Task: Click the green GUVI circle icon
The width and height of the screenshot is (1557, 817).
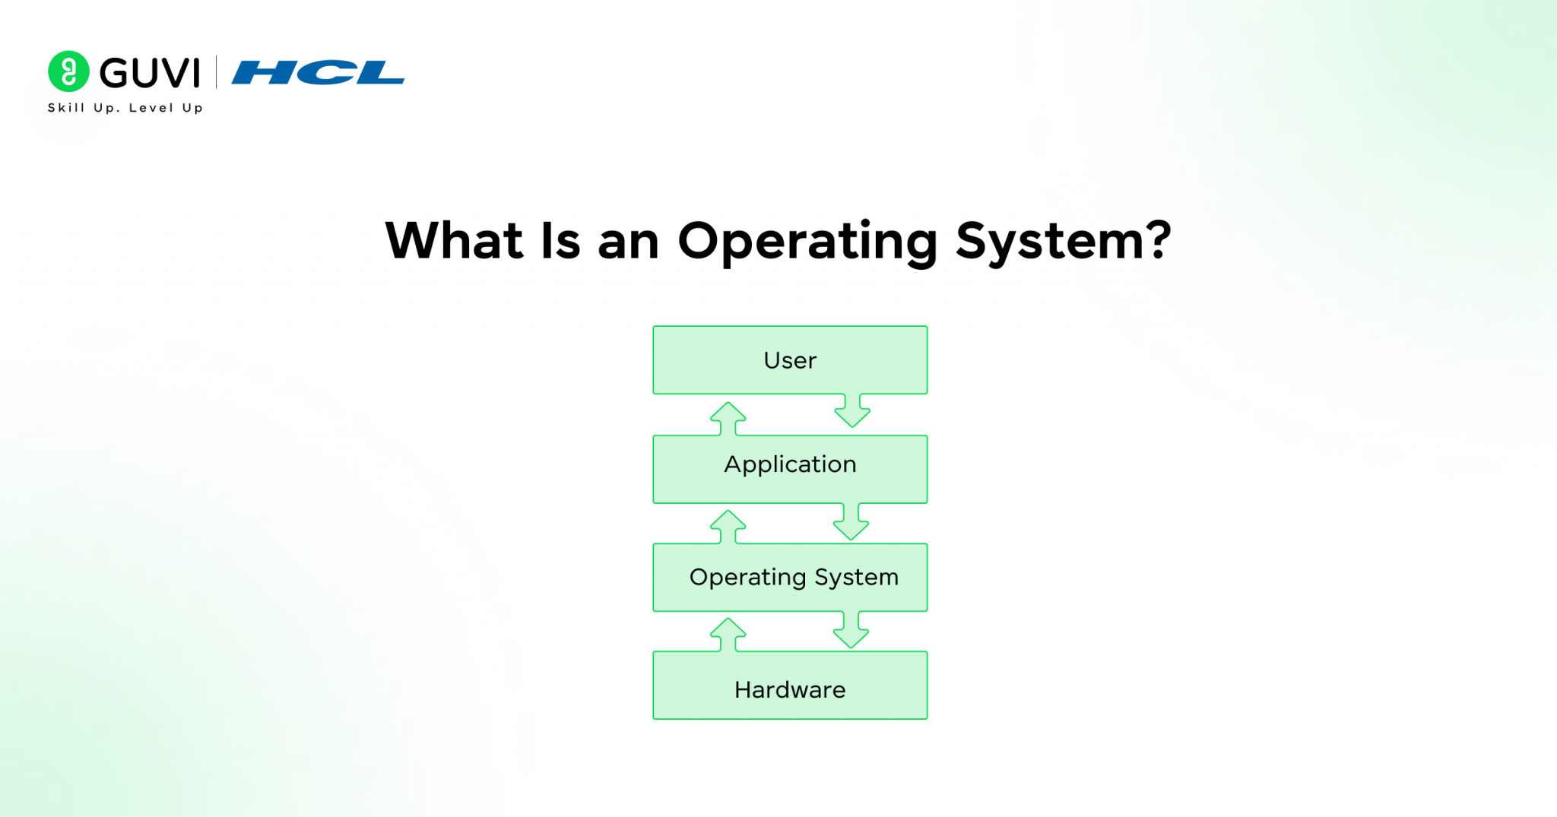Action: (x=68, y=71)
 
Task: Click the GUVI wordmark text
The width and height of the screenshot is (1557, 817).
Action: (x=150, y=73)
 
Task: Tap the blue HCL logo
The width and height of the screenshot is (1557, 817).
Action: (x=318, y=73)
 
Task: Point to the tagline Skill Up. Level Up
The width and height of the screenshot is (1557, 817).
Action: (x=125, y=108)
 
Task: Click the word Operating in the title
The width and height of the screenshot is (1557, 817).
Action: (x=807, y=242)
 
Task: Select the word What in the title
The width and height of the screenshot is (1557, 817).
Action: (x=455, y=242)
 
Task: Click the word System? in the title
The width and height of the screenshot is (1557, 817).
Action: (x=1063, y=242)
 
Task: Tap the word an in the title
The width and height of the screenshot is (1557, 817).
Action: (x=628, y=243)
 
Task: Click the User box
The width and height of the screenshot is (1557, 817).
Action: (x=790, y=359)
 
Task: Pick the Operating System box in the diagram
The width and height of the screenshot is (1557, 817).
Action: (x=790, y=577)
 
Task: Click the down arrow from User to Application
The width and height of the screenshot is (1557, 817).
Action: (x=852, y=411)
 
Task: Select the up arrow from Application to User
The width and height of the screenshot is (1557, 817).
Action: (x=728, y=418)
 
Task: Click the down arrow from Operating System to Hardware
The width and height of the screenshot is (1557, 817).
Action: (x=851, y=630)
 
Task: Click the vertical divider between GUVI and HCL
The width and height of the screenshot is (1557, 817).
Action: (x=217, y=72)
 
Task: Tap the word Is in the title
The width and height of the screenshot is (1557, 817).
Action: (x=560, y=242)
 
